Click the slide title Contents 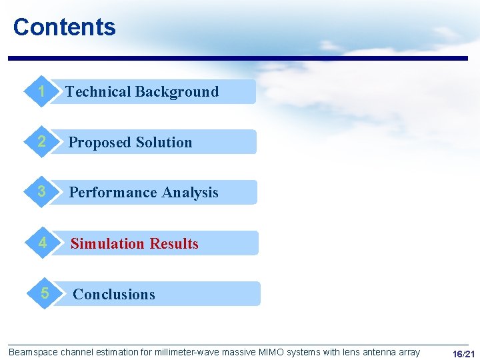click(64, 27)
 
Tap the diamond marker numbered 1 click(42, 92)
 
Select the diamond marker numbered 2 click(42, 142)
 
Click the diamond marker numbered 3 click(42, 192)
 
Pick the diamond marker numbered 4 click(42, 243)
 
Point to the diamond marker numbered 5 click(44, 293)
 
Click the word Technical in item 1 click(96, 92)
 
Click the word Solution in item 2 click(163, 143)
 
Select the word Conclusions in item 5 click(114, 295)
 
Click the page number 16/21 click(463, 353)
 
